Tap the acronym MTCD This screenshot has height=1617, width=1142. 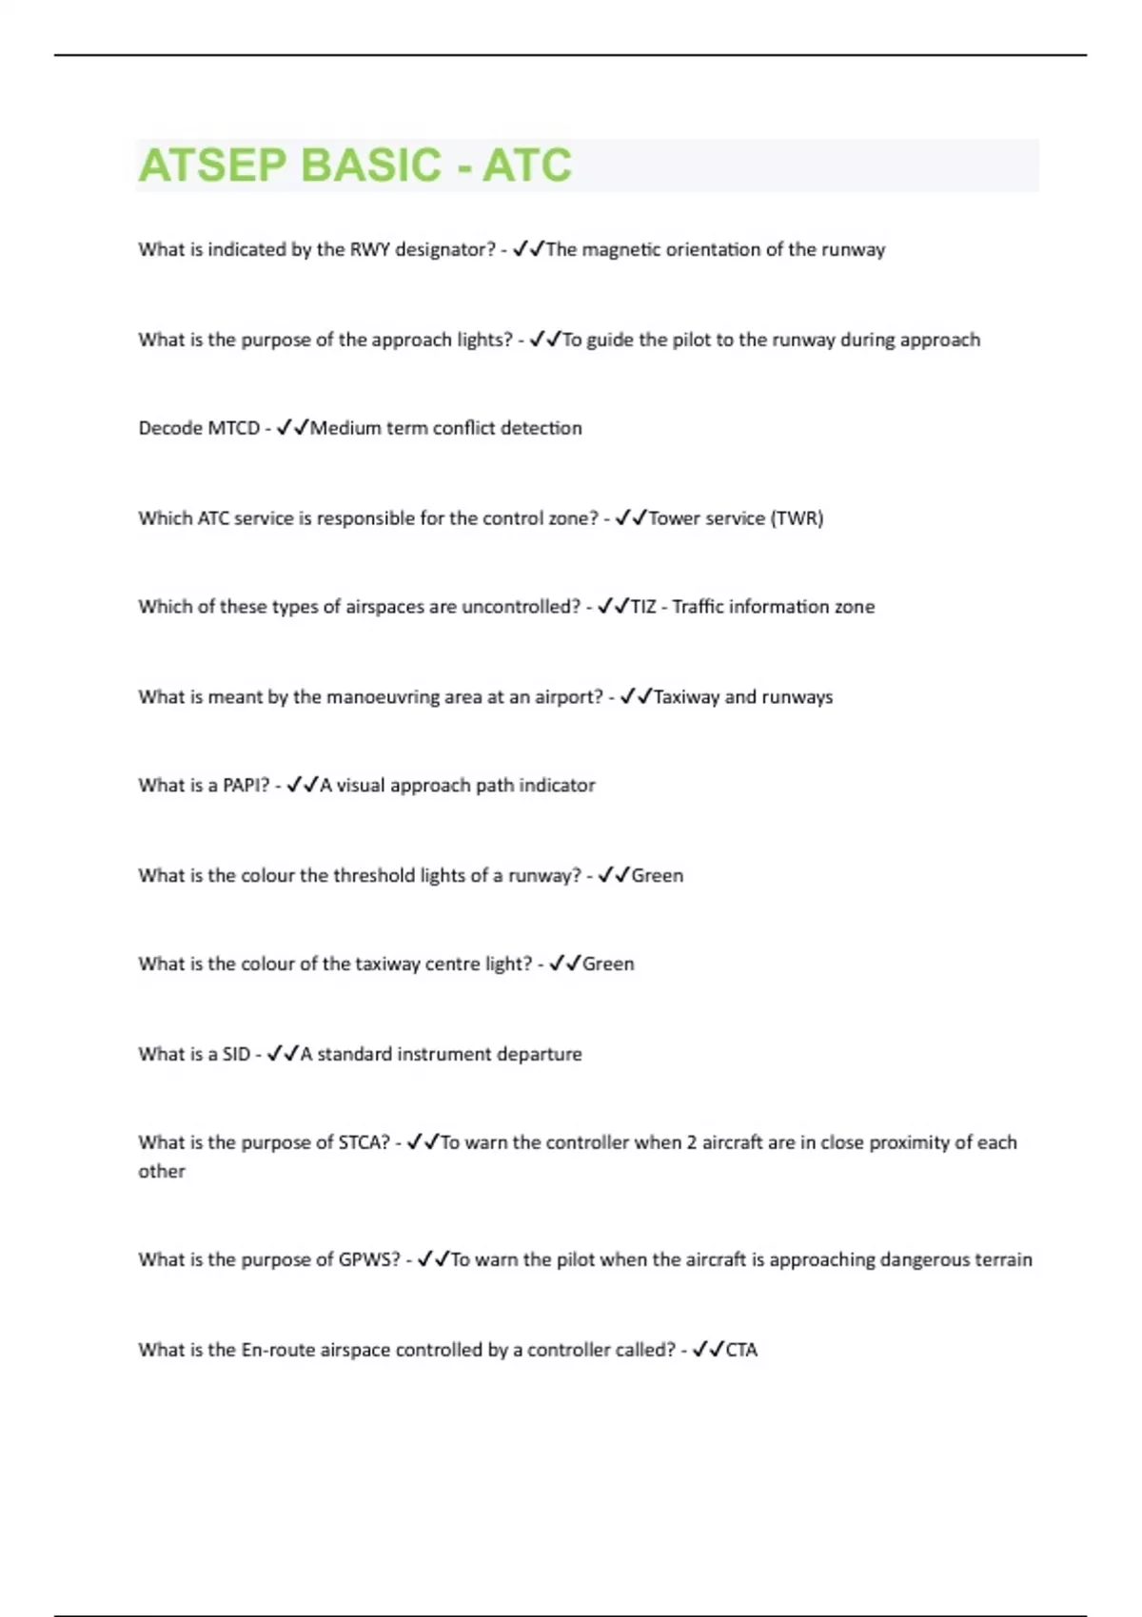click(x=227, y=428)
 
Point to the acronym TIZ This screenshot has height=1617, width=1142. click(x=643, y=607)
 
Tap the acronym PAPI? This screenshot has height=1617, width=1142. click(x=246, y=786)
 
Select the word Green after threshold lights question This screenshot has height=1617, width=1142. click(x=658, y=875)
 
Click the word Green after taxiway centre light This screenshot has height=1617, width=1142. click(x=608, y=964)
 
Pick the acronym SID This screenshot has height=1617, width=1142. click(x=236, y=1054)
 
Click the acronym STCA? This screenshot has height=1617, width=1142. click(x=364, y=1142)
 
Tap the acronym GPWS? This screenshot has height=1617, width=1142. click(x=369, y=1259)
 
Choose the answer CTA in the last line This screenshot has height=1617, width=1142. click(x=741, y=1350)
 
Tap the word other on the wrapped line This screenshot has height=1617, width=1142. click(x=162, y=1172)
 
